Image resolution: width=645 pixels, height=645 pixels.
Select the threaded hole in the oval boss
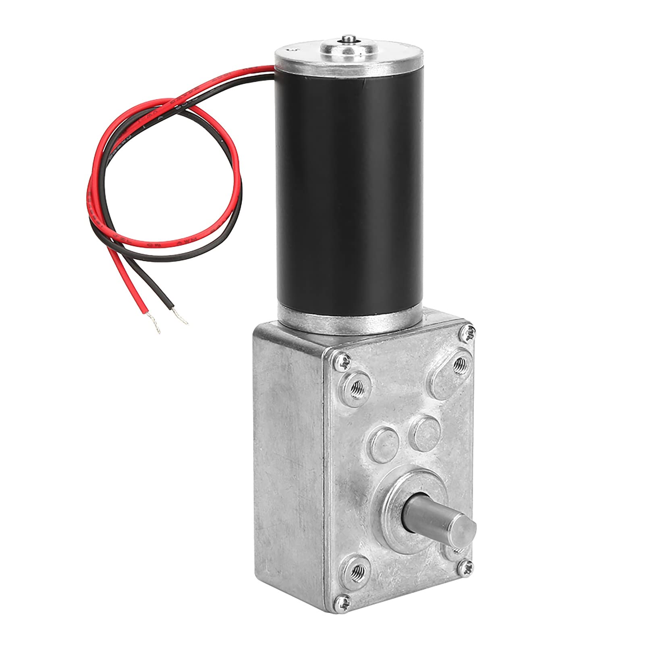tap(458, 365)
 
